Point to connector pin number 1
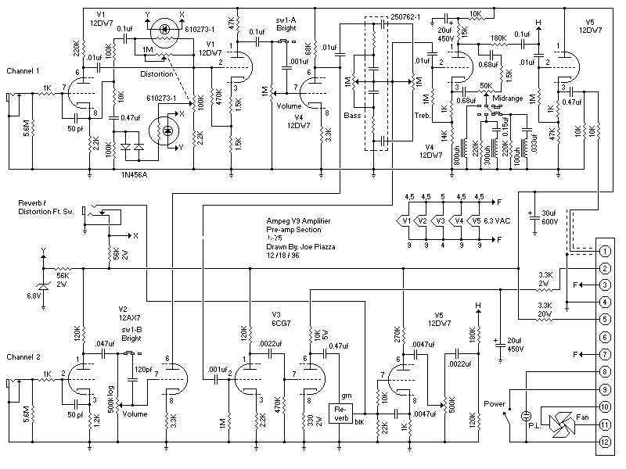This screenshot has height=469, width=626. (x=604, y=252)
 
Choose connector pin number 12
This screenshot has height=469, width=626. (x=604, y=442)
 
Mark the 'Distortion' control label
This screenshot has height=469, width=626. (x=157, y=75)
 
